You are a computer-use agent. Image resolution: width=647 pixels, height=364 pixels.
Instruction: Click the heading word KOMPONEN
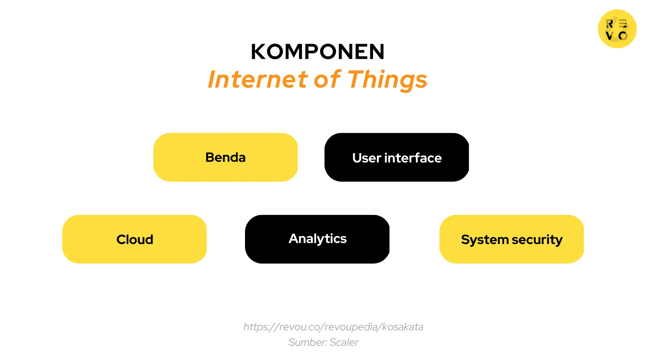317,52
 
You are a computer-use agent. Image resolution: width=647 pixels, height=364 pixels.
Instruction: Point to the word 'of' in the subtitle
327,80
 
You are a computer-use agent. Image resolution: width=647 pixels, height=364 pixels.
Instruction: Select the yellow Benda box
225,157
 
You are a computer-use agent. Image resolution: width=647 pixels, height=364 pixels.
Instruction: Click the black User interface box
397,157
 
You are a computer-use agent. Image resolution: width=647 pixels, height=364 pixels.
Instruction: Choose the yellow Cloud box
134,239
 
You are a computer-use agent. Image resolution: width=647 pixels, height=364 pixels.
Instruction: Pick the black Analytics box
317,239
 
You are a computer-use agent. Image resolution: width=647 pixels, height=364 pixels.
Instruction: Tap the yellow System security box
512,239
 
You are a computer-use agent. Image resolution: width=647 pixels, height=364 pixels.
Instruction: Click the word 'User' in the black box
367,158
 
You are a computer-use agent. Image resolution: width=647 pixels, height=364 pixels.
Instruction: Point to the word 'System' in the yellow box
485,240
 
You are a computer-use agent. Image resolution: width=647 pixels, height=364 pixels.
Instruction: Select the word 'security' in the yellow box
537,240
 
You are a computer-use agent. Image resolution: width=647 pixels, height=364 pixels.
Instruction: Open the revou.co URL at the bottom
333,327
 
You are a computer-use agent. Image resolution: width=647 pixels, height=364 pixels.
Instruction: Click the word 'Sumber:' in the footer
308,342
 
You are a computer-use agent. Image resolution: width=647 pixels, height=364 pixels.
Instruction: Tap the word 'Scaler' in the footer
344,342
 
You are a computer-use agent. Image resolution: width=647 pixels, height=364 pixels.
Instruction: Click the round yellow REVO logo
617,29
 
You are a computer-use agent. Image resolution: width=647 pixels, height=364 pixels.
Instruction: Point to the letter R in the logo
610,24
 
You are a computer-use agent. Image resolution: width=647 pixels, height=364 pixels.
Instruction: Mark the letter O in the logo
623,36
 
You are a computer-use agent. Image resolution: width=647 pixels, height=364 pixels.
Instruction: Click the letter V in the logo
609,36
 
